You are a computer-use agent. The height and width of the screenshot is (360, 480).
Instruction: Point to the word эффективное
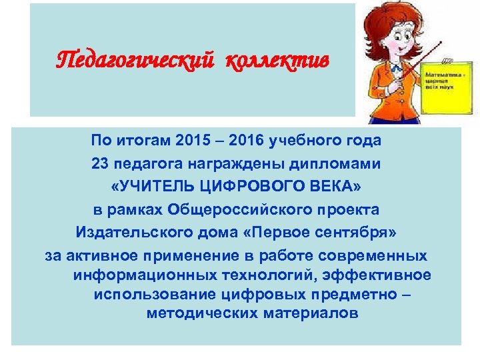click(x=382, y=275)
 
